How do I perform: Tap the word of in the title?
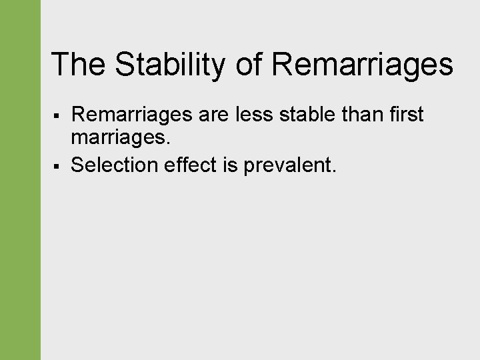tap(251, 65)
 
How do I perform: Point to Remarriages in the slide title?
tap(363, 65)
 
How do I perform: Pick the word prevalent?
tap(288, 165)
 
